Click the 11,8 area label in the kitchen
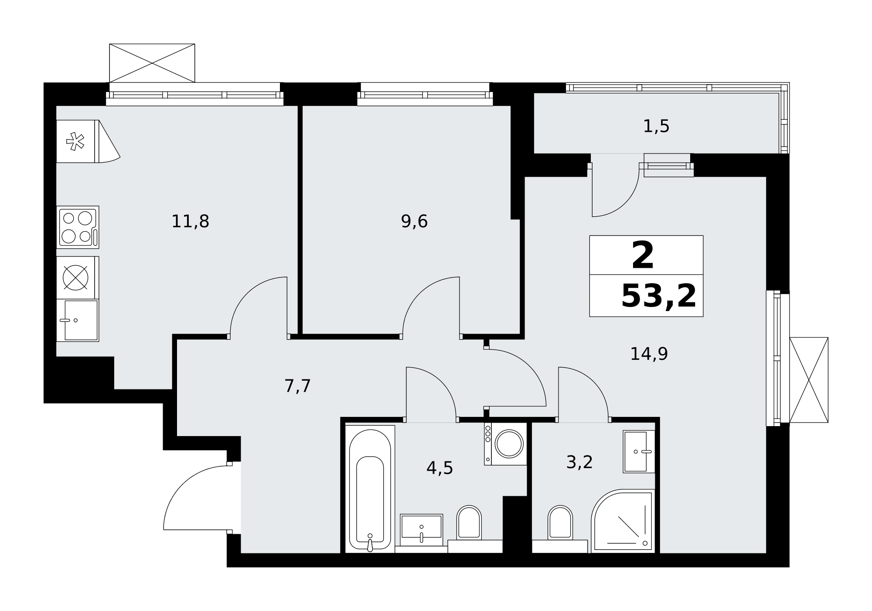tap(190, 222)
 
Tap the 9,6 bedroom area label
tap(414, 222)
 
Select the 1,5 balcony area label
tap(656, 126)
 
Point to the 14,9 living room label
tap(649, 354)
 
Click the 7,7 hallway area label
tap(297, 386)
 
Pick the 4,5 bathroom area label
tap(439, 468)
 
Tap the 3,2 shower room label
tap(579, 462)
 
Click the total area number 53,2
tap(658, 296)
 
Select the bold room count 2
tap(643, 256)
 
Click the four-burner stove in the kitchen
tap(78, 227)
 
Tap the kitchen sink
tap(78, 320)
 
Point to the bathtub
tap(370, 489)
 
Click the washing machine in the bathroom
tap(505, 444)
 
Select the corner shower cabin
tap(623, 521)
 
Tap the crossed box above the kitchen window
tap(152, 63)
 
